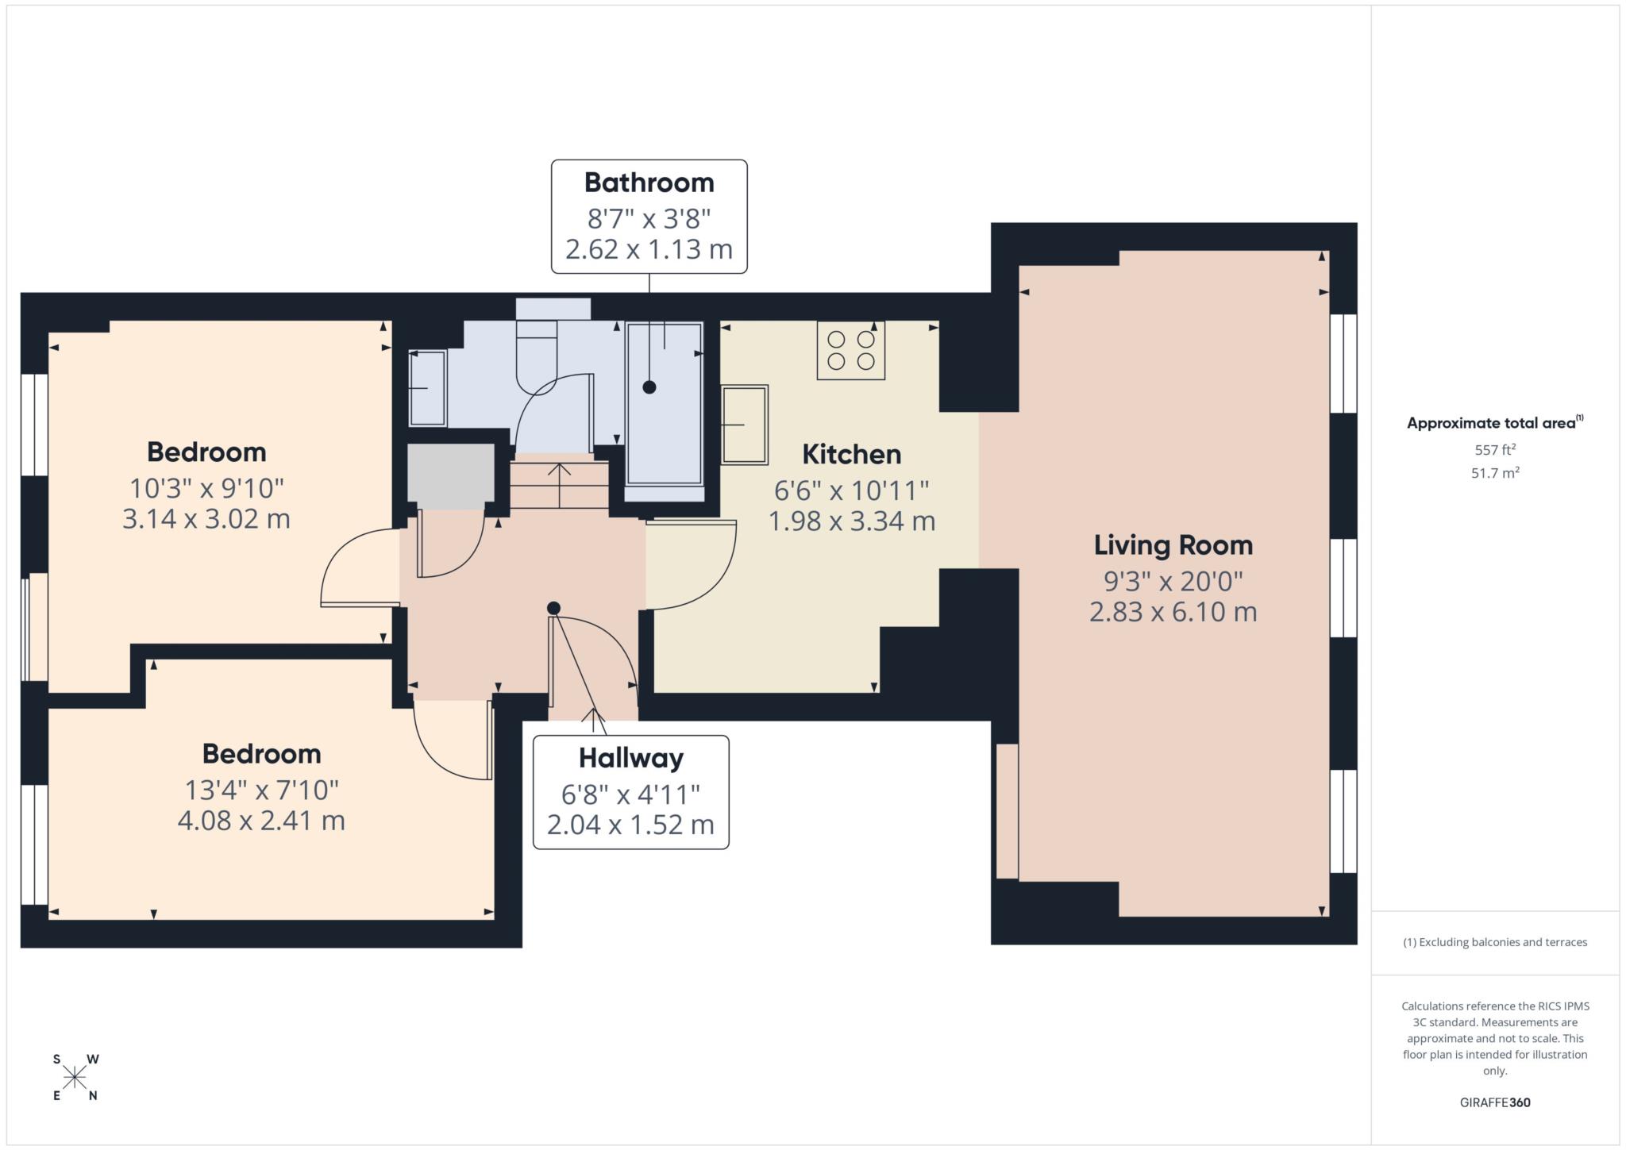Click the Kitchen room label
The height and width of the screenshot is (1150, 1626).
tap(851, 454)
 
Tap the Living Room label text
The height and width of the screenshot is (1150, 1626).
tap(1173, 545)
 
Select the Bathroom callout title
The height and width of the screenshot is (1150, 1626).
tap(649, 183)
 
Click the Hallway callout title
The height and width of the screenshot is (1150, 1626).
tap(630, 758)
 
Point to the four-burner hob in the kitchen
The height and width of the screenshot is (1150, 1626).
tap(851, 350)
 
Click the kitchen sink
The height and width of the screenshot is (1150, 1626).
tap(745, 425)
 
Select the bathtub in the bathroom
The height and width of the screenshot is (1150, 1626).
tap(665, 404)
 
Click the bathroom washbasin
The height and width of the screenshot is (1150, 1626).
tap(427, 388)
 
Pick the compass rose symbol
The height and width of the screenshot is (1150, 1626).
tap(75, 1077)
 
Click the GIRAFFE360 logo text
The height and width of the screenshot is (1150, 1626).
tap(1495, 1102)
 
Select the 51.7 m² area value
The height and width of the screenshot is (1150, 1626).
tap(1495, 473)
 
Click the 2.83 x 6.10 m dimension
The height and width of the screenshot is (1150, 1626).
tap(1173, 612)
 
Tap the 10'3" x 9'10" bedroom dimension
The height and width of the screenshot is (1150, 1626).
tap(206, 487)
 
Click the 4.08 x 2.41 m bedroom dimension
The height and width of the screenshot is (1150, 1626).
tap(261, 820)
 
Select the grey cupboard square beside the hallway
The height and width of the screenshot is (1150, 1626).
tap(451, 472)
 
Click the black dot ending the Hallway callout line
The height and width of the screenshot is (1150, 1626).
tap(554, 608)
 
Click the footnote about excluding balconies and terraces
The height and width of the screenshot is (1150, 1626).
tap(1495, 942)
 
